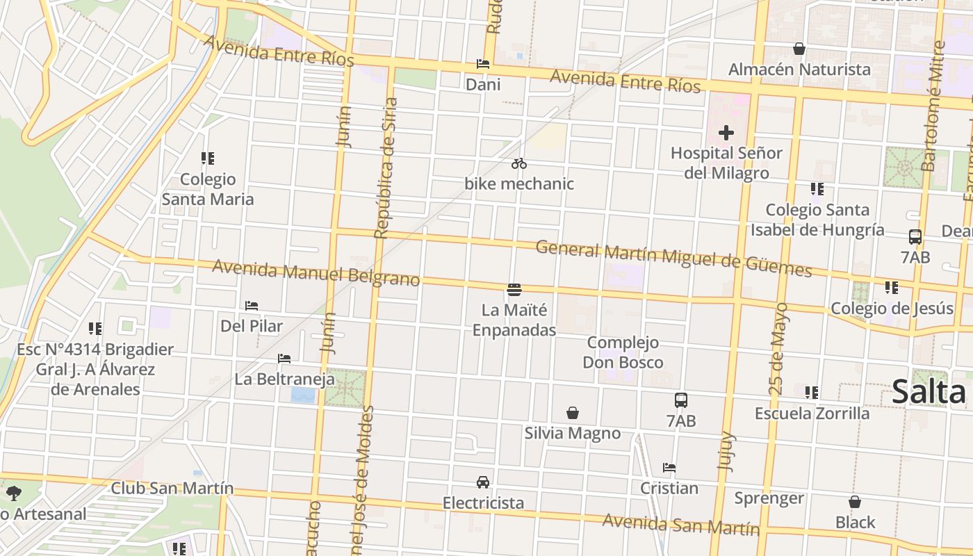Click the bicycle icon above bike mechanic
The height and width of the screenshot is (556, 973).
[519, 164]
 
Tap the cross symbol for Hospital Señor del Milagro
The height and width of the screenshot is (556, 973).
[726, 132]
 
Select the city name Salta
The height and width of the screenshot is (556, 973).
[929, 392]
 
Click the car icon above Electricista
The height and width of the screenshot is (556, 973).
[483, 482]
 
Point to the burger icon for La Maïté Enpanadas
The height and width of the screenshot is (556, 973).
[514, 289]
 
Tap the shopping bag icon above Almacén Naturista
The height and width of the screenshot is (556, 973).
[799, 49]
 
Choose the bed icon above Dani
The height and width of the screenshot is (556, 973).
[483, 64]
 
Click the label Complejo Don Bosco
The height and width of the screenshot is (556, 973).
[623, 352]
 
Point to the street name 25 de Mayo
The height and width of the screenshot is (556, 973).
[779, 349]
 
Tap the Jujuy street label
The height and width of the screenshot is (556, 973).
[726, 452]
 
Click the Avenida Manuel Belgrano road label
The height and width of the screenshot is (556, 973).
[316, 272]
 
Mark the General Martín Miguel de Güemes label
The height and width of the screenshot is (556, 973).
[673, 259]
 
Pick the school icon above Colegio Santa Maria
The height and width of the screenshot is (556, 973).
[207, 158]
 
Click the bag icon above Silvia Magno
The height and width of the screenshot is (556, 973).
[573, 414]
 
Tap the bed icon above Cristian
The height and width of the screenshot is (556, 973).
[669, 468]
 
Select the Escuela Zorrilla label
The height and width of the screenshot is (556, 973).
[812, 414]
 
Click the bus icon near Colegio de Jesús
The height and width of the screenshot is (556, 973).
[915, 237]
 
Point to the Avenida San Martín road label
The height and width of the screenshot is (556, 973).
[681, 524]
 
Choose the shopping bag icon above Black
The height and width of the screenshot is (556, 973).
[855, 502]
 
